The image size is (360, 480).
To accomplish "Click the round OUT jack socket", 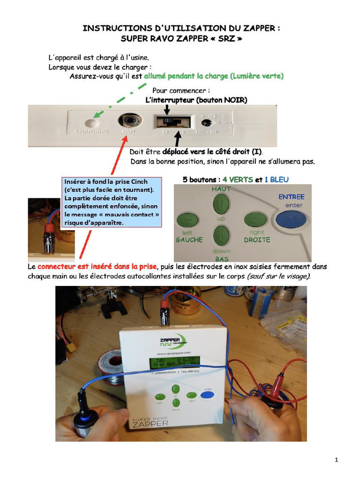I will coord(129,121).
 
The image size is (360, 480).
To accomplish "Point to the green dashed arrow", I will coord(120,100).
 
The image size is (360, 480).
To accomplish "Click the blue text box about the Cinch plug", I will coord(112,202).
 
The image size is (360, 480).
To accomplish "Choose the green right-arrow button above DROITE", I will coord(255,219).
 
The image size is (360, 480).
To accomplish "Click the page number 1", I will coord(337,460).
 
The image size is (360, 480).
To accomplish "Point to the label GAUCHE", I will coord(189,240).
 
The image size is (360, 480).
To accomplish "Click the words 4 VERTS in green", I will coord(238,180).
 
